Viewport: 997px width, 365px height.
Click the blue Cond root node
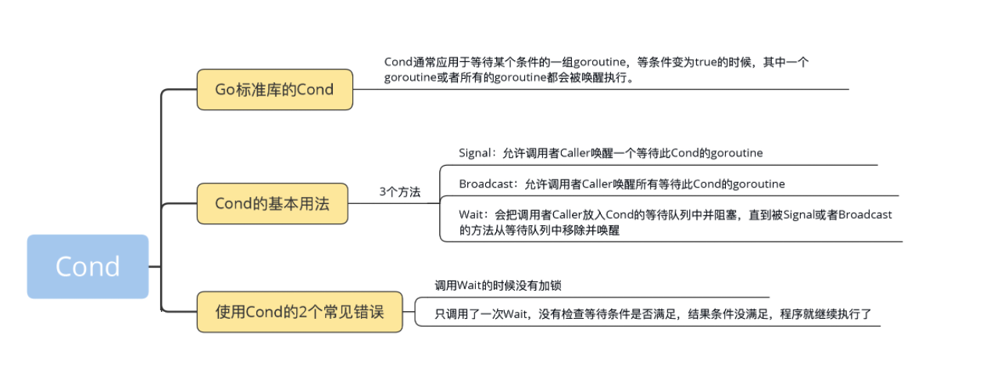tap(88, 267)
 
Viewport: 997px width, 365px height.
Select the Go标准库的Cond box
tap(274, 89)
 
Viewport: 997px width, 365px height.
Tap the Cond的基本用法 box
tap(272, 204)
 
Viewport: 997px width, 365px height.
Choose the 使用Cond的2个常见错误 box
tap(300, 313)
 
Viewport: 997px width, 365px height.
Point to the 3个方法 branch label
tap(399, 191)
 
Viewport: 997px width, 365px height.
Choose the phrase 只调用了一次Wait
tap(480, 315)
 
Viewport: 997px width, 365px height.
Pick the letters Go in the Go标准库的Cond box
tap(225, 89)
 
